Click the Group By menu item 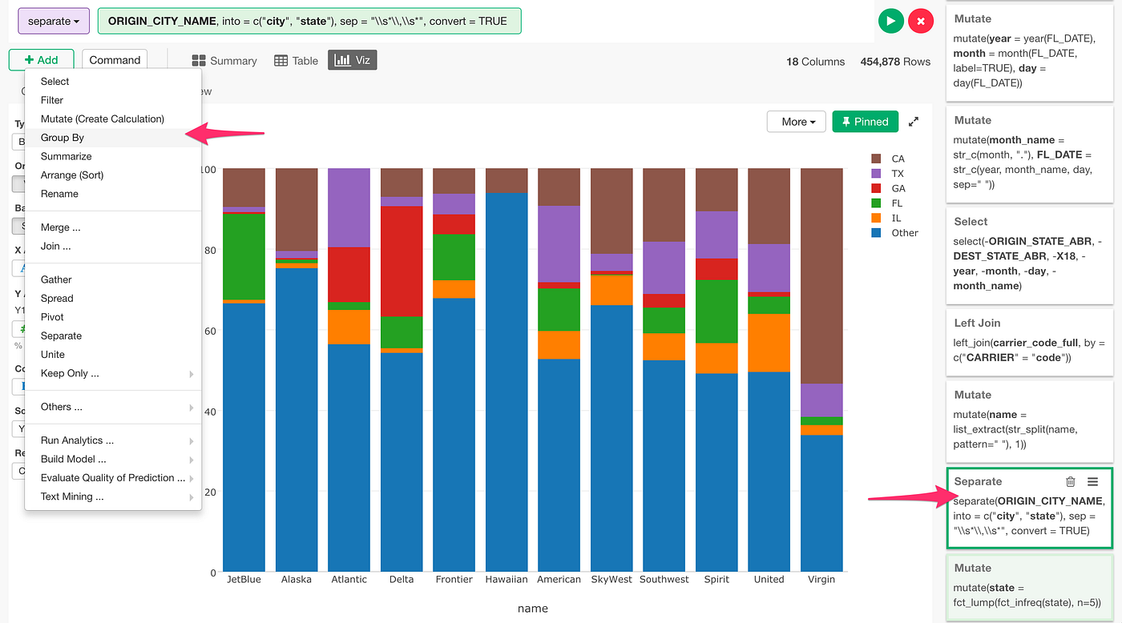tap(63, 138)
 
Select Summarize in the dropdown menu tap(66, 156)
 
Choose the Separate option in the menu tap(61, 336)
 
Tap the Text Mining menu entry tap(72, 496)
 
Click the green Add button tap(41, 60)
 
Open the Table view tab tap(296, 61)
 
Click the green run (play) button tap(890, 21)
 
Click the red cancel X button tap(920, 21)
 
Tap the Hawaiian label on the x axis tap(507, 579)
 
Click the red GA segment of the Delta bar tap(402, 261)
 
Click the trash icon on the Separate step tap(1070, 481)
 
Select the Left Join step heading tap(977, 323)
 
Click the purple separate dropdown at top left tap(54, 21)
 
